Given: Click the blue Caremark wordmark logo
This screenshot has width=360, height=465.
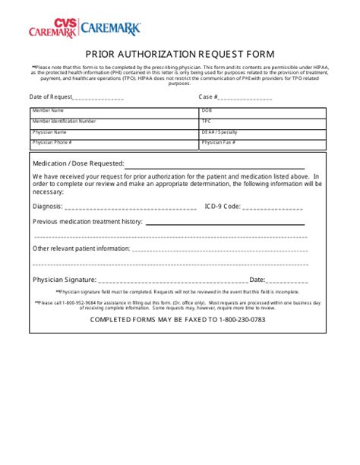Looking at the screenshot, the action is (x=110, y=30).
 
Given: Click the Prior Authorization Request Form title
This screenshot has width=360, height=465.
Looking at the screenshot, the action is (x=179, y=55).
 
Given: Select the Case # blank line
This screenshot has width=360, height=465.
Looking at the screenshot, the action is (x=245, y=98).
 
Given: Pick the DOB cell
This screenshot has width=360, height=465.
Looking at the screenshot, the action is (x=263, y=111).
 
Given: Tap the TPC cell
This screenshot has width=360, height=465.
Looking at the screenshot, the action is (x=263, y=121).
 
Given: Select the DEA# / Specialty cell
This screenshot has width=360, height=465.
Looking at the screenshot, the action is (x=263, y=131).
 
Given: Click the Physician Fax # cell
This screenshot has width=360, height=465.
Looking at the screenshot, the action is (x=263, y=142).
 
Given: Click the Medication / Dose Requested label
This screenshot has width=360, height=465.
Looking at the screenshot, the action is (x=77, y=163).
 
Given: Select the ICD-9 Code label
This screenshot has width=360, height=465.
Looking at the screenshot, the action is (x=222, y=205).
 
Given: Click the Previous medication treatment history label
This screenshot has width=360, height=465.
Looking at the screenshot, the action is (x=87, y=221).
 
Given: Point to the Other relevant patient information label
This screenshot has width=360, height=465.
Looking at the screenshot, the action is (x=81, y=248).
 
